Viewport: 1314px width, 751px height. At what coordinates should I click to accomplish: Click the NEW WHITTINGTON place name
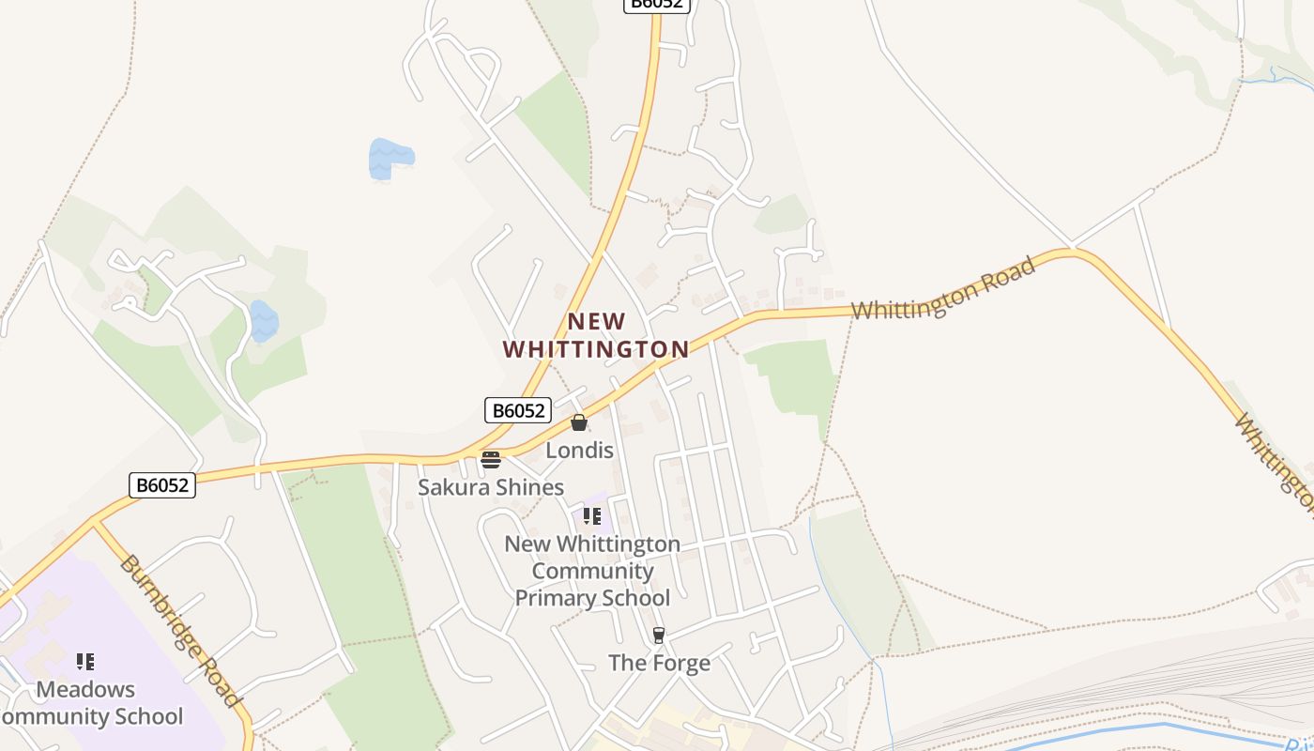coord(596,336)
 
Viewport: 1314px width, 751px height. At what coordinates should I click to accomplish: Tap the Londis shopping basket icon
coord(579,422)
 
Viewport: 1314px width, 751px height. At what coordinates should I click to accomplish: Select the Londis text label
coord(580,451)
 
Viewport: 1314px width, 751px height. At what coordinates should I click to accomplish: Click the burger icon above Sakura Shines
coord(490,460)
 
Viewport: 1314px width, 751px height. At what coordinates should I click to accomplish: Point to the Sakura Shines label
coord(491,487)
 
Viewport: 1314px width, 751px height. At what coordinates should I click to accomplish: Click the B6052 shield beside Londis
coord(517,410)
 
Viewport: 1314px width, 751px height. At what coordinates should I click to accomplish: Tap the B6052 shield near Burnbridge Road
coord(162,485)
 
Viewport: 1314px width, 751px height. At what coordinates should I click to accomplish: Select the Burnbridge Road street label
coord(181,631)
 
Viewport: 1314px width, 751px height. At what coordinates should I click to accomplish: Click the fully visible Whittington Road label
coord(944,287)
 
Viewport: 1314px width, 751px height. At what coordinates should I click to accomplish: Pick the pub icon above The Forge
coord(659,636)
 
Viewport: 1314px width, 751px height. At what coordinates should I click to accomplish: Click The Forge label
coord(659,663)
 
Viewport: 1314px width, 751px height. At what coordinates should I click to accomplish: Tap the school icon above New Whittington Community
coord(592,516)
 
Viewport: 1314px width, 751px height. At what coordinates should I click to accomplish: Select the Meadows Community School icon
coord(85,662)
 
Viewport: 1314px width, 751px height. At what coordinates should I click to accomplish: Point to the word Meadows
coord(85,689)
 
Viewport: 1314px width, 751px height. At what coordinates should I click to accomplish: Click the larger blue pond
coord(390,158)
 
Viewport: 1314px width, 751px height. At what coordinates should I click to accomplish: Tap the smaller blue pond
coord(264,322)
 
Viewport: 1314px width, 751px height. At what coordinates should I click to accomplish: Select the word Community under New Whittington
coord(592,571)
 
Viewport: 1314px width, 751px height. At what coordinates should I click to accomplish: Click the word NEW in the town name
coord(596,322)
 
